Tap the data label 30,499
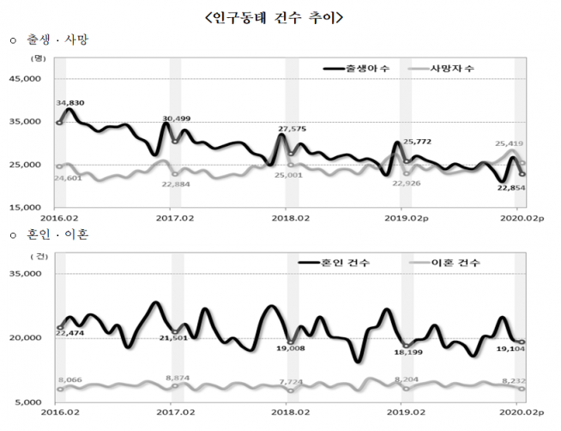[177, 118]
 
